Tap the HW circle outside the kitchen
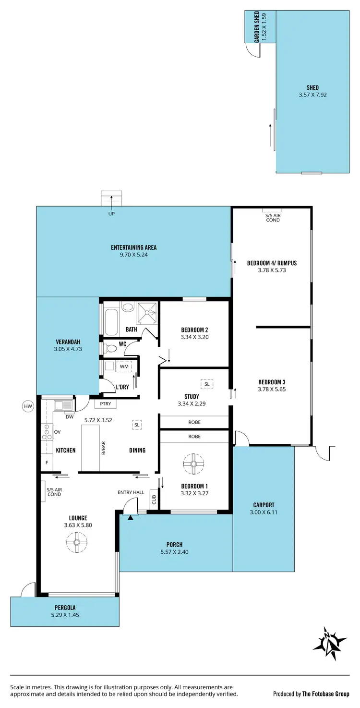[28, 406]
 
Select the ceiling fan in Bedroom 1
[194, 464]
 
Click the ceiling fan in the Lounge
[76, 542]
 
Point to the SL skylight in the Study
[207, 384]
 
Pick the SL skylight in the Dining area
[137, 425]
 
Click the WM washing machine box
[124, 366]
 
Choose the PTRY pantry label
[105, 404]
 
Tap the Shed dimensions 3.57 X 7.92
[312, 95]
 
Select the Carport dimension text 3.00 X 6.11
[264, 512]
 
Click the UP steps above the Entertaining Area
[112, 198]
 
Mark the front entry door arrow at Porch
[130, 517]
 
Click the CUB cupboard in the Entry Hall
[154, 500]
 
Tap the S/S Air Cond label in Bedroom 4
[273, 218]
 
